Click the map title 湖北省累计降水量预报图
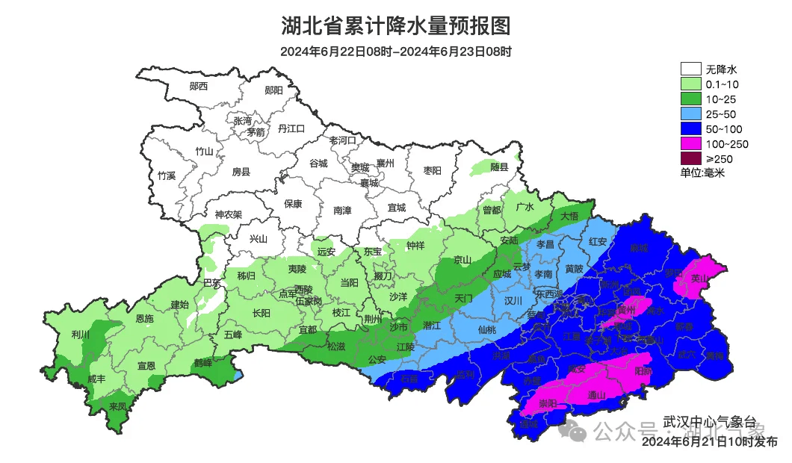coord(396,27)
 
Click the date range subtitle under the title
coord(396,52)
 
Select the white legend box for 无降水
coord(690,69)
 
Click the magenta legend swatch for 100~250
coord(690,143)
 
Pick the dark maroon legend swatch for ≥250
coord(690,158)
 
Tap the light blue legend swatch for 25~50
coord(690,114)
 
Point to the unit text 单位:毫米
coord(702,173)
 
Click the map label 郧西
coord(199,86)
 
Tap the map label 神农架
coord(229,214)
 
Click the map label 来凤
coord(117,406)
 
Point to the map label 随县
coord(499,167)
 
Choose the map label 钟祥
coord(415,245)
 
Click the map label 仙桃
coord(486,329)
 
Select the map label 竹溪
coord(166,175)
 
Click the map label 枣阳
coord(432,170)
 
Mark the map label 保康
coord(293,203)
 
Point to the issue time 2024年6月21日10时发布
coord(710,442)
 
